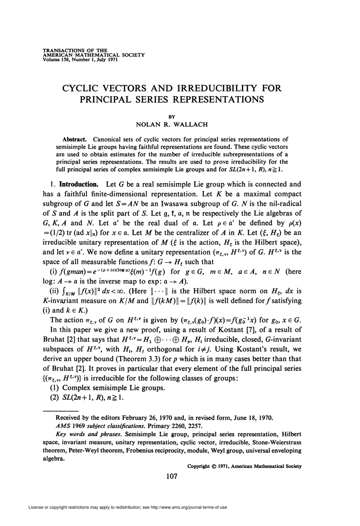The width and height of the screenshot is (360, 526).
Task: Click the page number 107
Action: [x=171, y=476]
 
